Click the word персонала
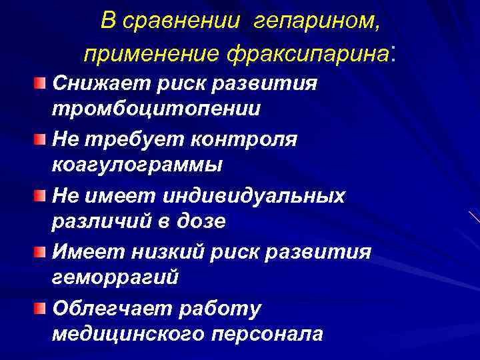[267, 333]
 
